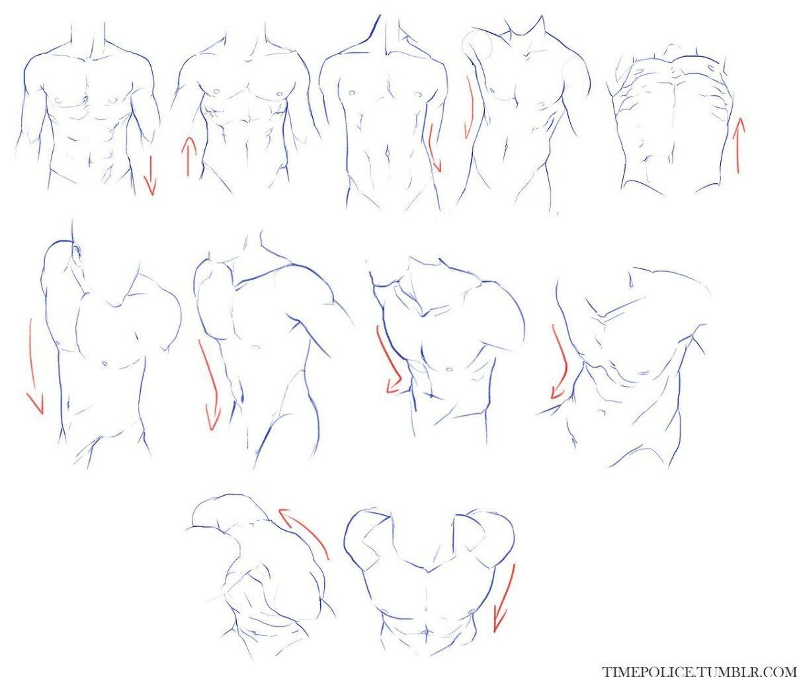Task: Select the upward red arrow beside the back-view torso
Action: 738,145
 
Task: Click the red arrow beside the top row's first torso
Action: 149,175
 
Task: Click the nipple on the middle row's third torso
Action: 449,370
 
